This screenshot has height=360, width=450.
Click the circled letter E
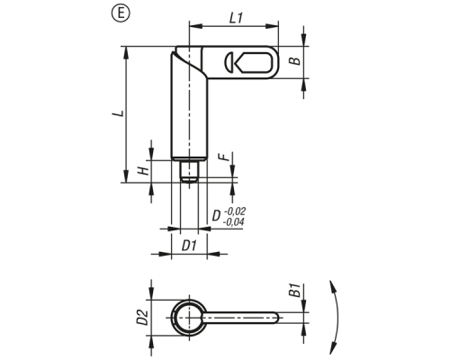tap(121, 14)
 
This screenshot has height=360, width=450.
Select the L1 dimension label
tap(236, 19)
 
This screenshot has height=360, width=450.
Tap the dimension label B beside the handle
tap(296, 60)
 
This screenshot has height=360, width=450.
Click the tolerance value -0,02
tap(235, 211)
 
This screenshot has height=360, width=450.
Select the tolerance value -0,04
tap(233, 222)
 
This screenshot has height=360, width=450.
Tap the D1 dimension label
tap(189, 246)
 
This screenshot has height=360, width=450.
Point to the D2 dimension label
tap(142, 318)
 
